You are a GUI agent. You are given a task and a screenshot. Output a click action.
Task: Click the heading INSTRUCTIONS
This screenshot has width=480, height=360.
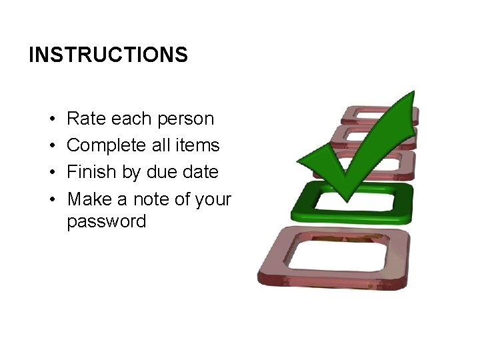108,55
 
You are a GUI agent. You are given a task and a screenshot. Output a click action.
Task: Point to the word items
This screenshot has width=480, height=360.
199,145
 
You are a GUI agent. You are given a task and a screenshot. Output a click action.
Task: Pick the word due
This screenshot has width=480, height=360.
159,172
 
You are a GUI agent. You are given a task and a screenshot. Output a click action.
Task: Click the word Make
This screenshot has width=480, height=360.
89,199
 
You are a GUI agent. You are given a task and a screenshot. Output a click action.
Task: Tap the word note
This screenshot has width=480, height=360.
153,199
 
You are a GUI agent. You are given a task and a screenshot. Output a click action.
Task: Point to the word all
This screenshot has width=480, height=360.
163,145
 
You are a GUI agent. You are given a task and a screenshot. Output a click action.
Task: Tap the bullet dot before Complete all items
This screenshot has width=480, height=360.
51,146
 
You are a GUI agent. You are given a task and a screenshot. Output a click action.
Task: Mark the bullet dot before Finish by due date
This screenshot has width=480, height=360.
51,173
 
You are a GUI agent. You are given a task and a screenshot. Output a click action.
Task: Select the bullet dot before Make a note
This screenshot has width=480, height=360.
51,199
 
